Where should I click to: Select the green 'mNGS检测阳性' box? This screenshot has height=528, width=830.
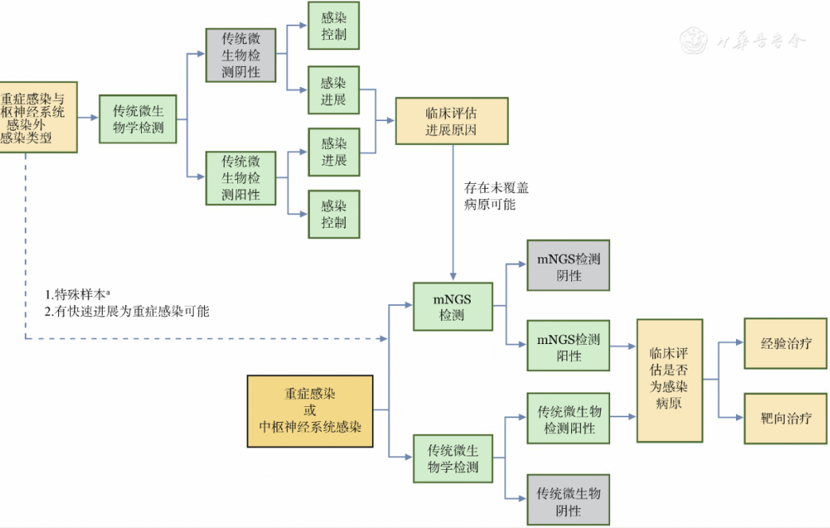pos(568,346)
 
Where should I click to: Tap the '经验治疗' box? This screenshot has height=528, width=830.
pos(780,343)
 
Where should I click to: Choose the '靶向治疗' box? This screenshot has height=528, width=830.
pos(780,417)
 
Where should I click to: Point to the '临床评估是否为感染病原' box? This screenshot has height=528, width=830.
pos(669,379)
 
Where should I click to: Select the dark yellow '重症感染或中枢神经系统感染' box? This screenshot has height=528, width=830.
pos(310,410)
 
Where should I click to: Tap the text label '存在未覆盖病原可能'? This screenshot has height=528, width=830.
pos(495,197)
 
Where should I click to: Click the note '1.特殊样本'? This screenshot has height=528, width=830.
pos(84,294)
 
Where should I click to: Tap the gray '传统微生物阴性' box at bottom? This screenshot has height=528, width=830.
pos(568,501)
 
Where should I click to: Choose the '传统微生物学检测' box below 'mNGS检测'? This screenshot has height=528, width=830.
pos(452,459)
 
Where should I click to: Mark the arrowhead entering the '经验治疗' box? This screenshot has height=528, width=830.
pos(739,343)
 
